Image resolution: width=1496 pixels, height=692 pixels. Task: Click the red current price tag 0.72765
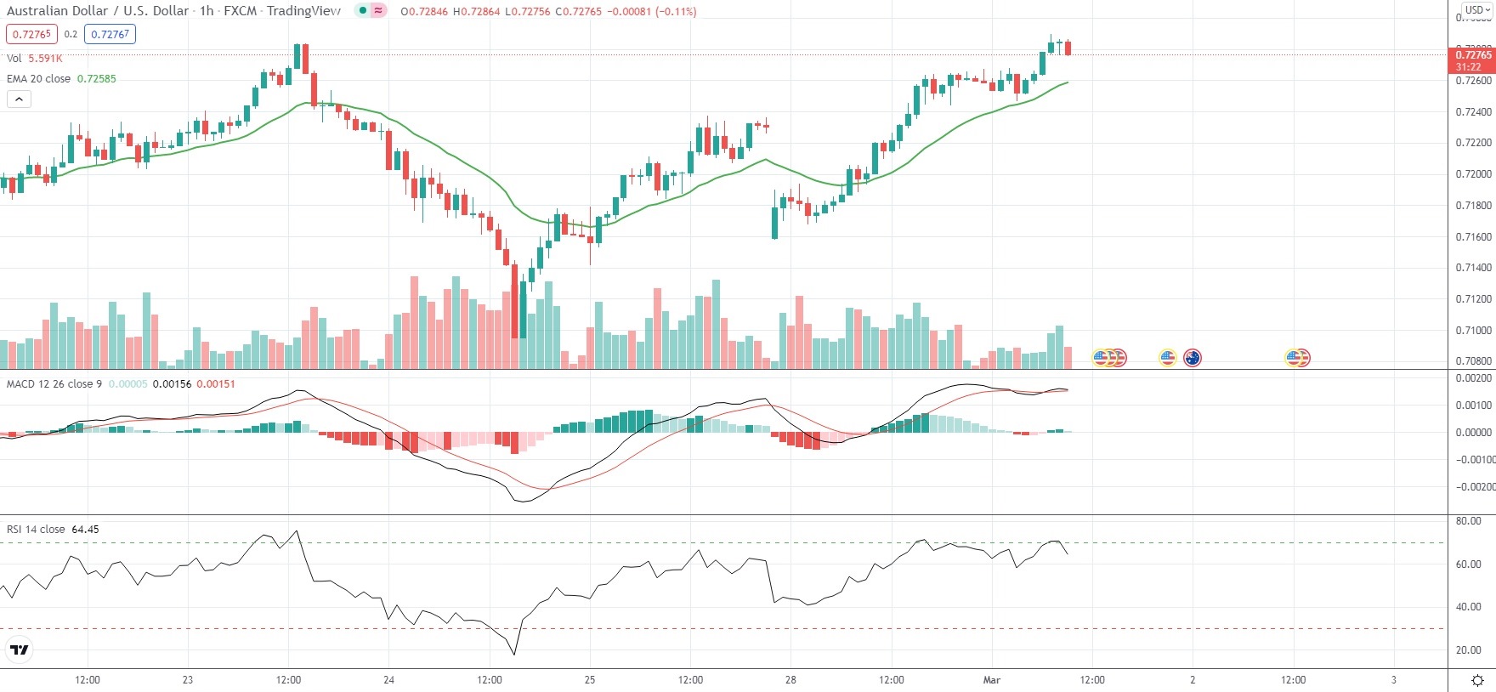point(1472,55)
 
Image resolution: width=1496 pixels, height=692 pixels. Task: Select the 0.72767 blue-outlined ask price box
point(110,34)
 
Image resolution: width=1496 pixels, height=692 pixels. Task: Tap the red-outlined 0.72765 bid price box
point(31,34)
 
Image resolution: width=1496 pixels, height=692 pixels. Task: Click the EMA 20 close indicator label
point(39,79)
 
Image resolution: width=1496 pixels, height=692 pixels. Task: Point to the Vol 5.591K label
point(34,59)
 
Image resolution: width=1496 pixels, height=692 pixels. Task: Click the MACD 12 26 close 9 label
point(54,384)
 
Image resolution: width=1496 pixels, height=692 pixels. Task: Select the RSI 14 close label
point(36,530)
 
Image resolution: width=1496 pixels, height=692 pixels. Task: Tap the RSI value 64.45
point(85,530)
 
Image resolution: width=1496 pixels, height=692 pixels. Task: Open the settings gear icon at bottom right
point(1477,680)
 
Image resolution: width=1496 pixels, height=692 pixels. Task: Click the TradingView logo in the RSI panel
point(19,650)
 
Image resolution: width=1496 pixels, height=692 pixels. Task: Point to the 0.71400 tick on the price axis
point(1473,268)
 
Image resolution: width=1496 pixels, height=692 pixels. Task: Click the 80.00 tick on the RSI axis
point(1469,521)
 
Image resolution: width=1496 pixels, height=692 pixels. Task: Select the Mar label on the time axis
point(992,680)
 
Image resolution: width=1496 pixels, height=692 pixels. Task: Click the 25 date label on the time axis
point(590,680)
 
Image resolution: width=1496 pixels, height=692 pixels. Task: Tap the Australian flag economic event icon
point(1193,358)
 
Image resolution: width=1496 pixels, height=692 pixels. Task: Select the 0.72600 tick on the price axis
point(1473,81)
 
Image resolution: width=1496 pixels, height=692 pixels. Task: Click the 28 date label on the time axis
point(790,680)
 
